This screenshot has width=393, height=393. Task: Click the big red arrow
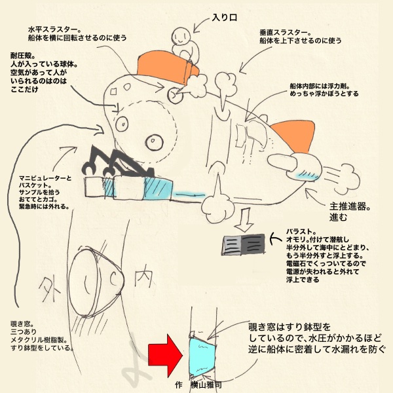[164, 354]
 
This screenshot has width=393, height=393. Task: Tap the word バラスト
[302, 231]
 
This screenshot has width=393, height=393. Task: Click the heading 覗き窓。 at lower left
[22, 324]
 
